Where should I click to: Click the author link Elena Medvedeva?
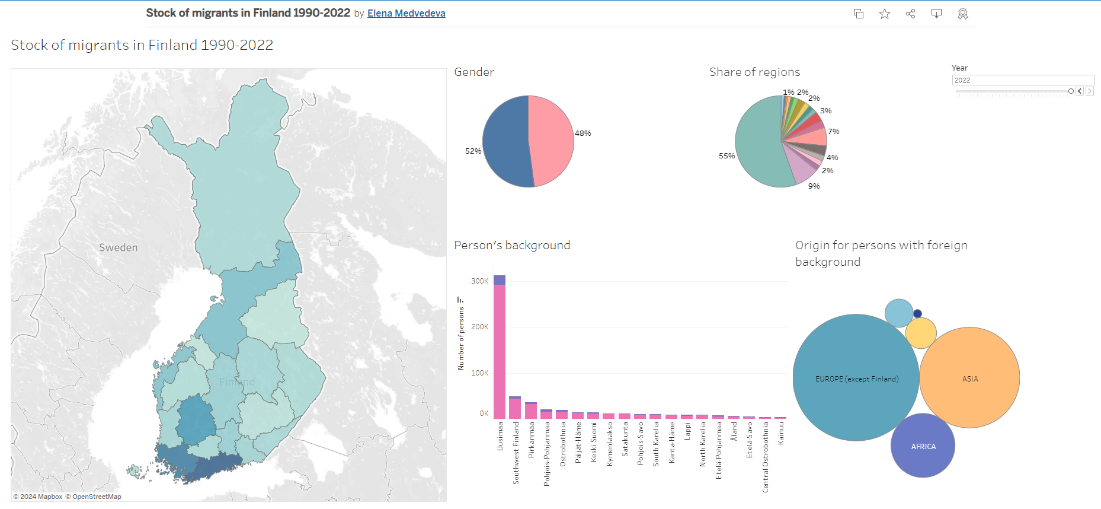(x=406, y=13)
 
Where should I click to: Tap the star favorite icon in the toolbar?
(x=884, y=14)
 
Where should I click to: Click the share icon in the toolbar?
(x=910, y=14)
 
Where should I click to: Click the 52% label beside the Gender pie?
(x=473, y=151)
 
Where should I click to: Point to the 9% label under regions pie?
(x=814, y=186)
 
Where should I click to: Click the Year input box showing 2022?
(x=1022, y=80)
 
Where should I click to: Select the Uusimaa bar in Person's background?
(x=500, y=350)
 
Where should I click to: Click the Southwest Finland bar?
(x=515, y=408)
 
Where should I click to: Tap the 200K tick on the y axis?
(x=479, y=327)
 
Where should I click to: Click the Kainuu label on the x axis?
(x=781, y=434)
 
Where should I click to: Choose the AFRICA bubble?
(x=923, y=446)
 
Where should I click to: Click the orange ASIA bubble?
(x=969, y=378)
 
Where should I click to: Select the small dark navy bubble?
(x=917, y=314)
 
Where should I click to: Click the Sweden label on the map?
(x=118, y=247)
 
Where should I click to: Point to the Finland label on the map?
(x=236, y=381)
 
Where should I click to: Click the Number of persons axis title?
(x=461, y=338)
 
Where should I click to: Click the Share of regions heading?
(x=754, y=72)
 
